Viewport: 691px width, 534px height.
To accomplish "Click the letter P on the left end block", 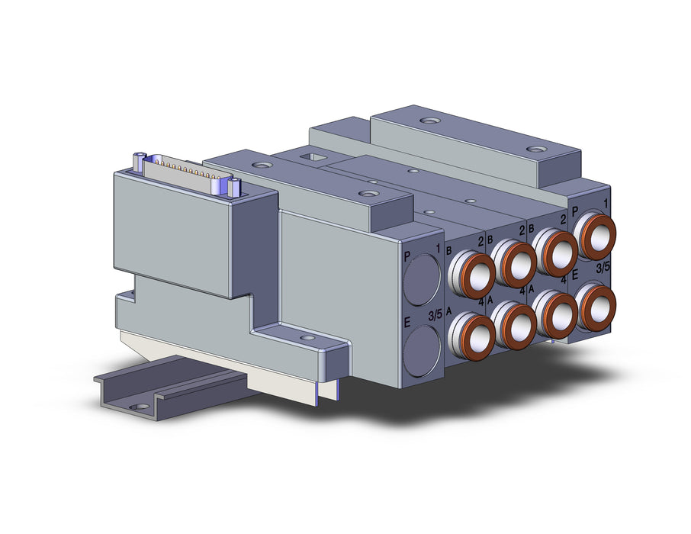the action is coord(407,256).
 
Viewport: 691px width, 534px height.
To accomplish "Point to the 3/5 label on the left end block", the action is coord(435,316).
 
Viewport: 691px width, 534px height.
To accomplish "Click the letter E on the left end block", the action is coord(407,323).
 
